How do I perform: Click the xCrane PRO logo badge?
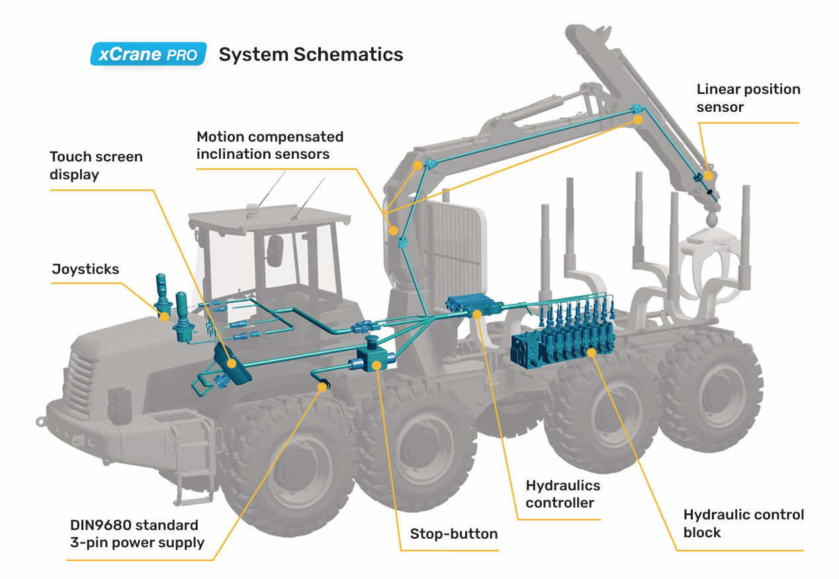coord(148,54)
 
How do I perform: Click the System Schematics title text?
coord(310,54)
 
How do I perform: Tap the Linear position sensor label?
coord(748,98)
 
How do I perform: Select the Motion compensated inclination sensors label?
coord(270,146)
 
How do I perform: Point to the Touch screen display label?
coord(96,165)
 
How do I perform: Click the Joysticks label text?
coord(85,269)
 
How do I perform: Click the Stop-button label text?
coord(454,534)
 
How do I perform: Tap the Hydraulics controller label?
coord(562,494)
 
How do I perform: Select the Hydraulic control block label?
coord(743,523)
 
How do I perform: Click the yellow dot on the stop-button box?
coord(376,364)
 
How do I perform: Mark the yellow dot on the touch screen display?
coord(232,363)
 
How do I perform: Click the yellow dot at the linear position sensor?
coord(708,176)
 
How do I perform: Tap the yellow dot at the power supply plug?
coord(322,386)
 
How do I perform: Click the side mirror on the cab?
coord(274,251)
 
